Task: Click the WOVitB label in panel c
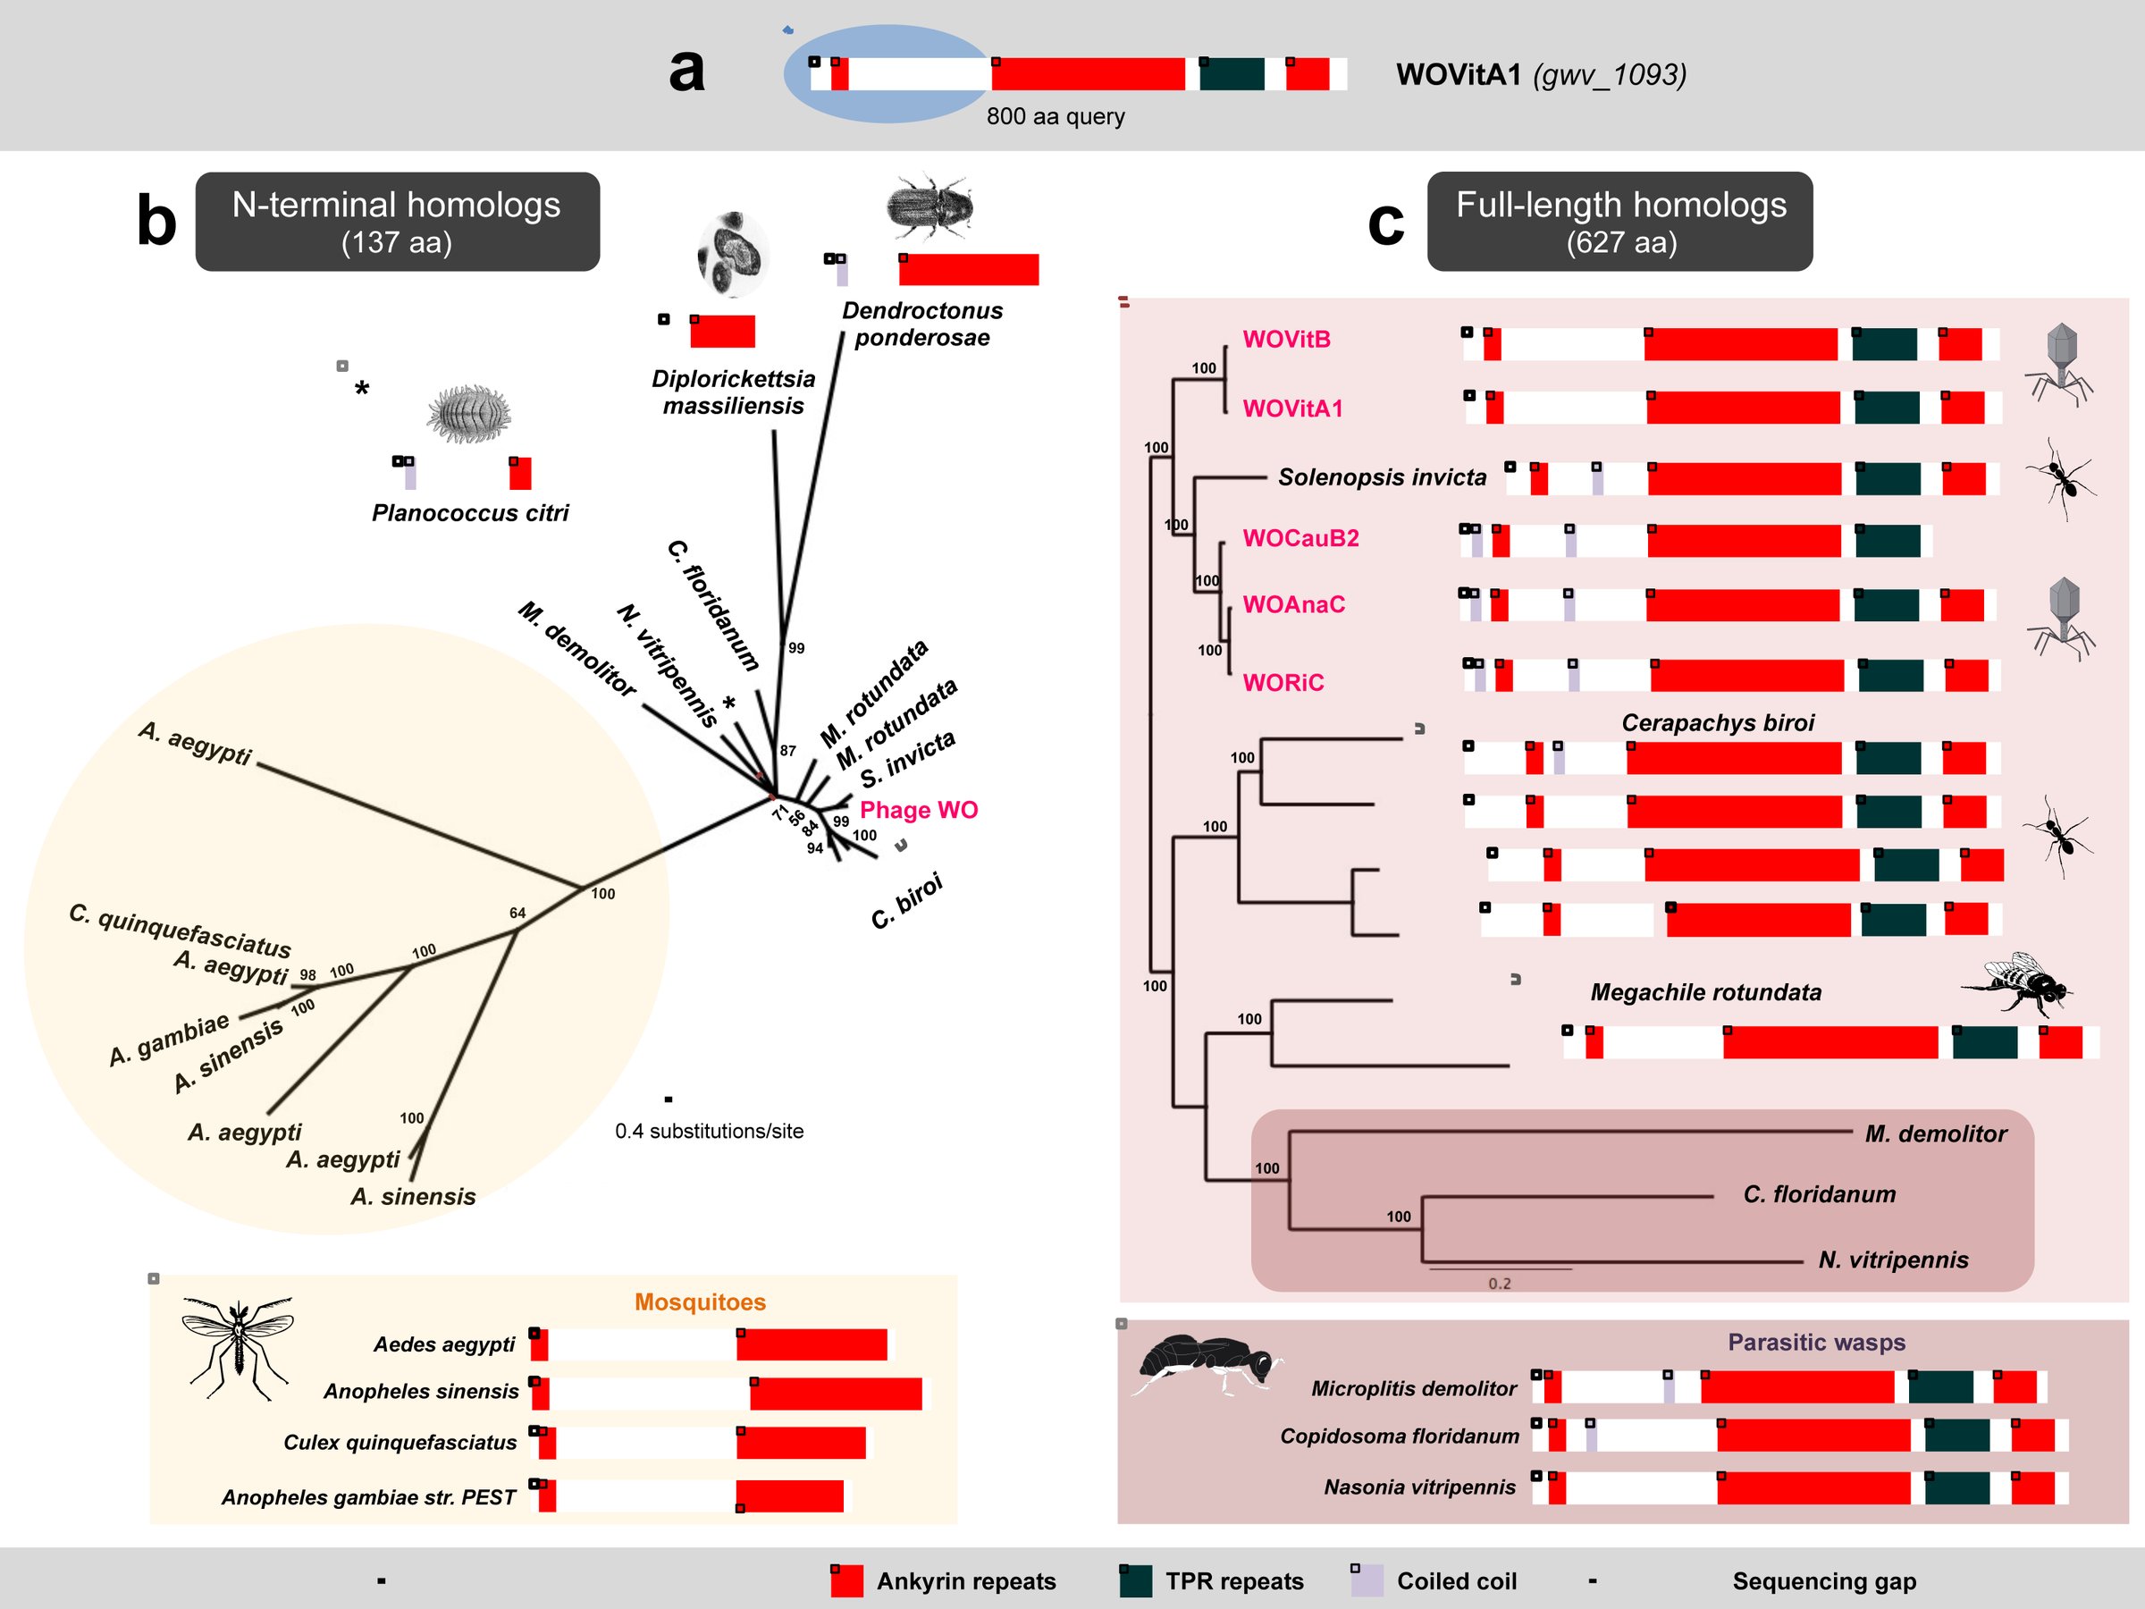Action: pyautogui.click(x=1287, y=340)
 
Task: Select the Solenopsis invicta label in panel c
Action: pyautogui.click(x=1382, y=477)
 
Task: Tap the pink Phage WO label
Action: pyautogui.click(x=918, y=810)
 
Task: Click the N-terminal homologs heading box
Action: pyautogui.click(x=398, y=221)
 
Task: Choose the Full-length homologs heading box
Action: pyautogui.click(x=1619, y=221)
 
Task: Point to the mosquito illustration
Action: pyautogui.click(x=237, y=1348)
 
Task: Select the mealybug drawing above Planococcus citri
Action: pyautogui.click(x=470, y=414)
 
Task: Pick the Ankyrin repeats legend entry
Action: pyautogui.click(x=943, y=1581)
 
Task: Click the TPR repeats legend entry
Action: pyautogui.click(x=1211, y=1581)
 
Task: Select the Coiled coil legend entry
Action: pyautogui.click(x=1434, y=1581)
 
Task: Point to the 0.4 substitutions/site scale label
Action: pyautogui.click(x=709, y=1131)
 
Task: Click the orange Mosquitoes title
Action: pyautogui.click(x=700, y=1302)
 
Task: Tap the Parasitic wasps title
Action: pyautogui.click(x=1816, y=1343)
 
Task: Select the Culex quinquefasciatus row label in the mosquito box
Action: pyautogui.click(x=400, y=1442)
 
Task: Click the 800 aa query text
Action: pyautogui.click(x=1056, y=116)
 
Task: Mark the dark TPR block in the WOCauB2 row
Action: pyautogui.click(x=1887, y=541)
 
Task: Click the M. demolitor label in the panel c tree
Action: pyautogui.click(x=1936, y=1133)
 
